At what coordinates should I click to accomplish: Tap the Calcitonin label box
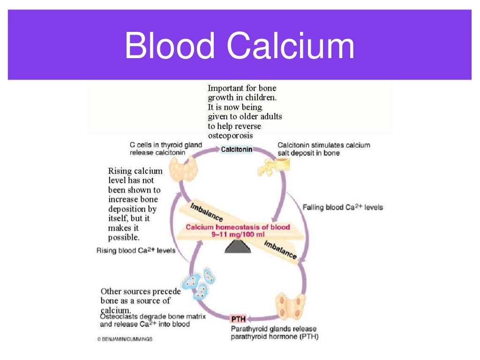237,150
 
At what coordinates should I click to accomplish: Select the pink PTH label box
238,319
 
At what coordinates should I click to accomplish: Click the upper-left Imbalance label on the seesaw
207,212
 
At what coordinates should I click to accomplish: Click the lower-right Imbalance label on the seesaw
280,249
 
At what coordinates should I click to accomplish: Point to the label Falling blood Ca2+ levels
343,207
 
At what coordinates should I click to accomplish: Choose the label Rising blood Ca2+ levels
136,250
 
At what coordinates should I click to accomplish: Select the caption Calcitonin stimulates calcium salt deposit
323,149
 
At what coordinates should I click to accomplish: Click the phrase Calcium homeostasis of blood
238,227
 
